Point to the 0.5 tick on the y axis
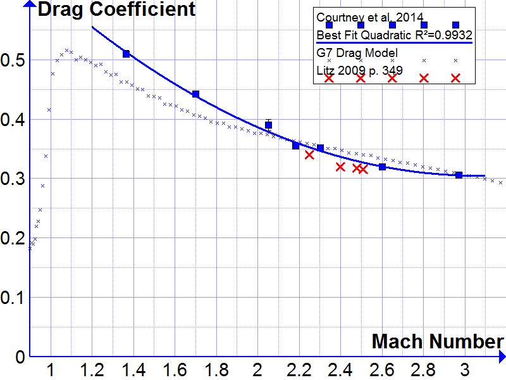click(13, 60)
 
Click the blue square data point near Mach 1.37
click(126, 54)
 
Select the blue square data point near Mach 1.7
click(195, 94)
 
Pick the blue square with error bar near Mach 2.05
click(269, 125)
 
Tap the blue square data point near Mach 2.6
click(382, 167)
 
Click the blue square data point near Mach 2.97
click(459, 175)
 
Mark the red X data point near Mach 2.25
click(309, 155)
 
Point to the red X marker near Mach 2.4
click(340, 167)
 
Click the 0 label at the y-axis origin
click(21, 357)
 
